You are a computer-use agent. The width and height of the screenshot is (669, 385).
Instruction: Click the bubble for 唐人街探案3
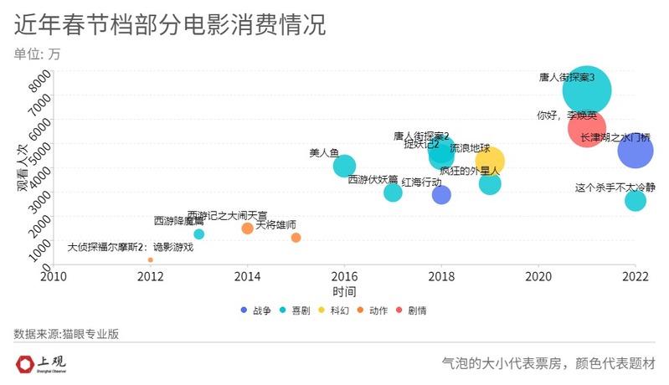tap(587, 91)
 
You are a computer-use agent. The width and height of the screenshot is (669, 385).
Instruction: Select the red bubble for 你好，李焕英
tap(586, 129)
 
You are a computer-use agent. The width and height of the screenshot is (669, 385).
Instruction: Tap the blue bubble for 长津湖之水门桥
tap(636, 151)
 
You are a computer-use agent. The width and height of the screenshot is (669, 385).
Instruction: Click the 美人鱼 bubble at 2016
tap(344, 166)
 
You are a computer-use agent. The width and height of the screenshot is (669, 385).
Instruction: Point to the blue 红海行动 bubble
tap(441, 195)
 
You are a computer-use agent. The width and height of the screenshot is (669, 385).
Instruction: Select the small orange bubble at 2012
tap(151, 260)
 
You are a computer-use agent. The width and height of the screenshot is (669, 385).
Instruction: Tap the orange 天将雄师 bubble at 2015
tap(296, 238)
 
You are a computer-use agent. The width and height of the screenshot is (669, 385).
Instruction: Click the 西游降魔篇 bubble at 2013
tap(198, 234)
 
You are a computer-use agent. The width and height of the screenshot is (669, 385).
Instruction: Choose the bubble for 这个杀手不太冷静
tap(636, 201)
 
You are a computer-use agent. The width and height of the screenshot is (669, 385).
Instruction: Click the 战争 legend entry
tap(256, 311)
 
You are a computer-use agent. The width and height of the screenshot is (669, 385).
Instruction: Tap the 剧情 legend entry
tap(410, 311)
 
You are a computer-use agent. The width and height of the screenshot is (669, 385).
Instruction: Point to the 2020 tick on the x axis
tap(538, 275)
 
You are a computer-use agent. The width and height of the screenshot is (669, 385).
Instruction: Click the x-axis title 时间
tap(344, 291)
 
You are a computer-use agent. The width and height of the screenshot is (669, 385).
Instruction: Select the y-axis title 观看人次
tap(23, 167)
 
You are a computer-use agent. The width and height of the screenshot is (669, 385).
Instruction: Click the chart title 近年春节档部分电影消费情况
tap(169, 25)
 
